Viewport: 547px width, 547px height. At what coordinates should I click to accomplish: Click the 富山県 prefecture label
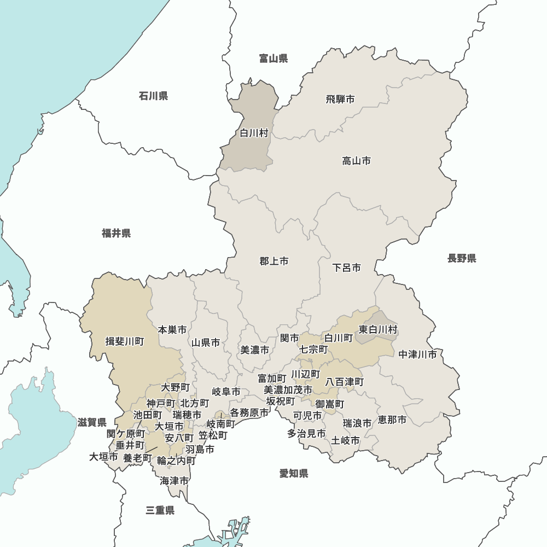(x=273, y=59)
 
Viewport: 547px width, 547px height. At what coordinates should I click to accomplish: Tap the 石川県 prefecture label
(x=153, y=96)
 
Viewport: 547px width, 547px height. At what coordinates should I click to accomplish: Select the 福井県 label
(x=116, y=234)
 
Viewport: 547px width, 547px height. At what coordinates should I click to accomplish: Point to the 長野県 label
(x=462, y=258)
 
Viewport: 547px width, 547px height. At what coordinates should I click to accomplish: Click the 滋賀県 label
(x=92, y=422)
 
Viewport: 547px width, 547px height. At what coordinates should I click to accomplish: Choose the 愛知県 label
(x=294, y=474)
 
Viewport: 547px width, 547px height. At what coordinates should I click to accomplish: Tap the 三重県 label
(x=160, y=511)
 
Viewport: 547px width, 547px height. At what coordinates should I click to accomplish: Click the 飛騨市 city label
(x=340, y=99)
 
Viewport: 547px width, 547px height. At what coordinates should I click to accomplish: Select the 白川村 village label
(x=254, y=133)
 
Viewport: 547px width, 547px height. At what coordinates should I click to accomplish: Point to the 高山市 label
(x=357, y=161)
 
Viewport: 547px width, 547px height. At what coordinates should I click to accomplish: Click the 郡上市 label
(x=274, y=261)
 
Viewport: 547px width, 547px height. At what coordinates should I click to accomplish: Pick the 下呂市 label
(x=347, y=268)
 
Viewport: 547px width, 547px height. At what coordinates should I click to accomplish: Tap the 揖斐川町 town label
(x=125, y=342)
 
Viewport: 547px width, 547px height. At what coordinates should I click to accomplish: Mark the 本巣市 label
(x=172, y=330)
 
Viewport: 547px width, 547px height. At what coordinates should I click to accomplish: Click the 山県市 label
(x=206, y=343)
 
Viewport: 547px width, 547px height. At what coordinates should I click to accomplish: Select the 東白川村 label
(x=378, y=330)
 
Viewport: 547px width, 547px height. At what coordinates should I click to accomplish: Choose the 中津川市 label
(x=418, y=354)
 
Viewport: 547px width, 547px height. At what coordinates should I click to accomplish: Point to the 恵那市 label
(x=392, y=420)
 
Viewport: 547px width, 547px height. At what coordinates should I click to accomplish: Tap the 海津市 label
(x=174, y=481)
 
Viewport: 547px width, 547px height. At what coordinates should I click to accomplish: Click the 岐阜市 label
(x=226, y=392)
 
